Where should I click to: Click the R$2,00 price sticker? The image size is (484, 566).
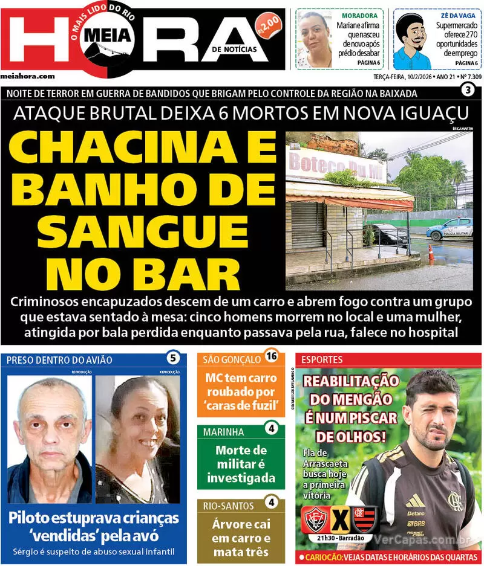(268, 26)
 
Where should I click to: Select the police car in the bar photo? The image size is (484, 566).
(448, 229)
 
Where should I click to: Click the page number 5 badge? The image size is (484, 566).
(172, 358)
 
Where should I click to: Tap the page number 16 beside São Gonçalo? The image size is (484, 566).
(272, 356)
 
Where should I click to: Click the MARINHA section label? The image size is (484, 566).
(224, 432)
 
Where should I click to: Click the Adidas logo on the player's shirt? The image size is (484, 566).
(415, 501)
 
